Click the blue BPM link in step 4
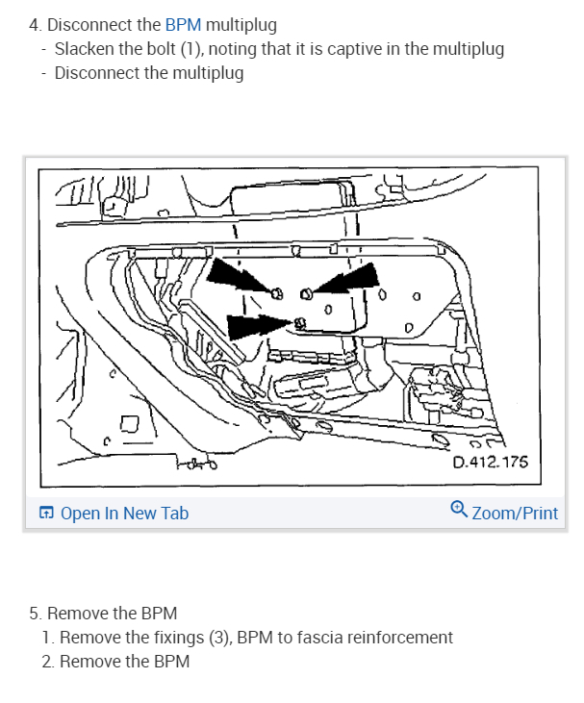tap(183, 25)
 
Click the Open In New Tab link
tap(124, 513)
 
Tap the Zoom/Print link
tap(515, 513)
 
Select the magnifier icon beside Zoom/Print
tap(459, 510)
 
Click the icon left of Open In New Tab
tap(46, 512)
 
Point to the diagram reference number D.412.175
tap(491, 462)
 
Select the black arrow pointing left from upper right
tap(344, 279)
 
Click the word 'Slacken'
tap(85, 49)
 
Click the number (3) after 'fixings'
tap(220, 638)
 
